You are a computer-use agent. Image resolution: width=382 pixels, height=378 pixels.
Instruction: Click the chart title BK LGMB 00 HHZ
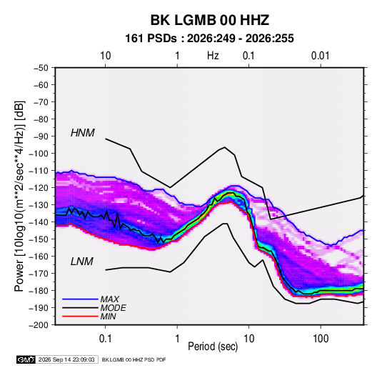(210, 20)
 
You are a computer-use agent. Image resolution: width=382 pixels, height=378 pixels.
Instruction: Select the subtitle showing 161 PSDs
(209, 39)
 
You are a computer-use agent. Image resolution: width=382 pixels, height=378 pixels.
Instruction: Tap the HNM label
(83, 133)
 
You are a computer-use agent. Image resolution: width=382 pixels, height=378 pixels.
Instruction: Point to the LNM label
(82, 262)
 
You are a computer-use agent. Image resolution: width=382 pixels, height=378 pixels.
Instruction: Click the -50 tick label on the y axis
(41, 68)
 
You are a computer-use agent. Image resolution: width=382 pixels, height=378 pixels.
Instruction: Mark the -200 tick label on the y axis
(39, 325)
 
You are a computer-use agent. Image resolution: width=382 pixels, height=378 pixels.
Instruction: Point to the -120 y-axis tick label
(39, 188)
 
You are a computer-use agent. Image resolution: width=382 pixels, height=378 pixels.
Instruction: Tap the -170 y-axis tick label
(39, 274)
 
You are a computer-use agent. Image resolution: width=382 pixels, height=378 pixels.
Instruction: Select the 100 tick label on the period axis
(321, 339)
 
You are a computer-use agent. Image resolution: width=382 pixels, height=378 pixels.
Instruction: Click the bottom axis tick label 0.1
(105, 339)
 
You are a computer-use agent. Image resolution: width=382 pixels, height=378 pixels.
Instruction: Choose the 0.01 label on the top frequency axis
(321, 56)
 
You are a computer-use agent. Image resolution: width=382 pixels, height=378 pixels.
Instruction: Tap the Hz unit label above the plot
(213, 56)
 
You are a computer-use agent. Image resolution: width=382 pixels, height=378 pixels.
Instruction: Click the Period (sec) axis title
(213, 347)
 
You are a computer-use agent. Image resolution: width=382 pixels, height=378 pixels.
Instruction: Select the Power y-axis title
(19, 196)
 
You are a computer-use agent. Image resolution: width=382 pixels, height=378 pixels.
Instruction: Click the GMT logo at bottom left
(26, 359)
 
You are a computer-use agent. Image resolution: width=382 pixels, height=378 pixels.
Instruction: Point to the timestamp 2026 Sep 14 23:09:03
(66, 359)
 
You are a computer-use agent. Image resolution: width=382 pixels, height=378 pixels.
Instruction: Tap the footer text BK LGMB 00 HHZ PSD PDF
(134, 359)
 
